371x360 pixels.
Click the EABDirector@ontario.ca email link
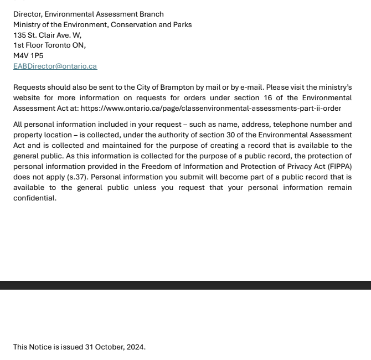(55, 66)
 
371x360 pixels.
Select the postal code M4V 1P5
(28, 55)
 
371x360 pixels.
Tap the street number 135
(19, 35)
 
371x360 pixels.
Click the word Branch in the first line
(151, 14)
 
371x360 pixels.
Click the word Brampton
(177, 87)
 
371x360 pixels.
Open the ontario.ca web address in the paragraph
(210, 108)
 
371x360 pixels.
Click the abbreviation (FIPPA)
(339, 166)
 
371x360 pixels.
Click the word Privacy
(301, 166)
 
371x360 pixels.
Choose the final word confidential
(34, 198)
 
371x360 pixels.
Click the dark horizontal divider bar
(185, 285)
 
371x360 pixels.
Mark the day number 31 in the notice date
(89, 347)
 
